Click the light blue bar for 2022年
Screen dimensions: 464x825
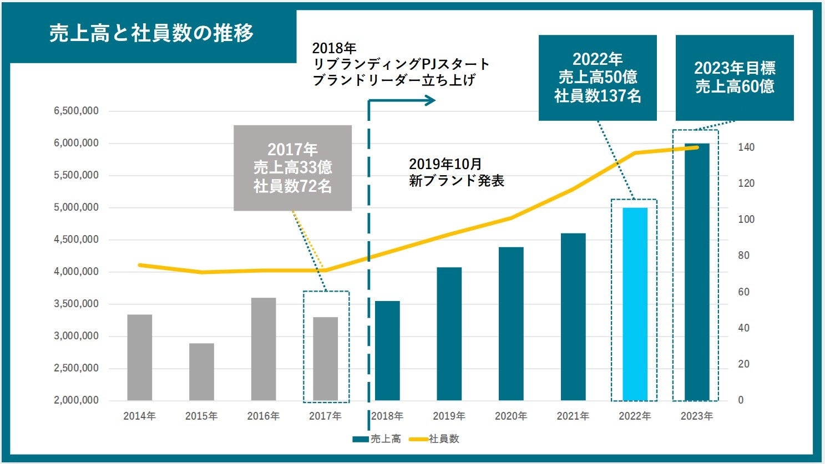635,304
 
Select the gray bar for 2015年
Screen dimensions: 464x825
201,371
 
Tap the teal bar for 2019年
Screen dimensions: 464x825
449,334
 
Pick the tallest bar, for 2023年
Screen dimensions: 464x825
697,272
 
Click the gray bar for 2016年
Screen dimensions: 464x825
264,349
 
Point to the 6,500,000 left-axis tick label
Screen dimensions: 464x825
76,111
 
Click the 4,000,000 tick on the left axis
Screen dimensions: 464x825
76,272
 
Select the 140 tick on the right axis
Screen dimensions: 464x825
746,147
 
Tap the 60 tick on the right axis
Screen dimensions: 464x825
743,292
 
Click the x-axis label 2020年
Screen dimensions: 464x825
511,416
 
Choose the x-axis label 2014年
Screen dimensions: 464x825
139,416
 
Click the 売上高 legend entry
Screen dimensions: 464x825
377,439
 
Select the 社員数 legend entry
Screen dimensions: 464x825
436,439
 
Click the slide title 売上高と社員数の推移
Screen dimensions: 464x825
151,33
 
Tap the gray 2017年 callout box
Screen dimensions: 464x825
292,168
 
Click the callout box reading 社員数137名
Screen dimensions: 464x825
598,78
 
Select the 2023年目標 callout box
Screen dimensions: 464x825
735,78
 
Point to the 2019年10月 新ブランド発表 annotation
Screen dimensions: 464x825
456,172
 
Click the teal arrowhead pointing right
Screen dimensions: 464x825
430,100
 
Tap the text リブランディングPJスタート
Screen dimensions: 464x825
401,64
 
